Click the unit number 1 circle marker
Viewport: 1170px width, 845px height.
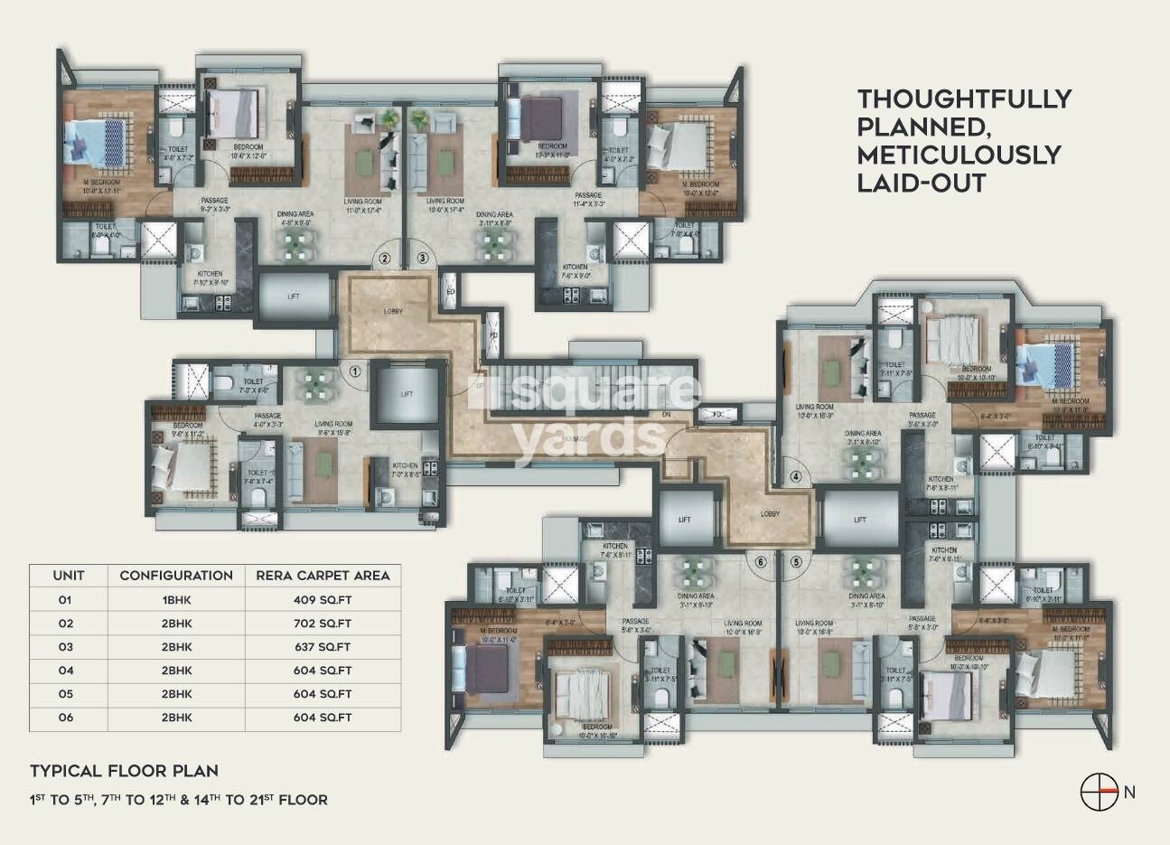click(355, 370)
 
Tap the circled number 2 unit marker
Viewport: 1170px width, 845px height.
click(385, 258)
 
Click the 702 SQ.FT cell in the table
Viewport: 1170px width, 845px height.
click(323, 624)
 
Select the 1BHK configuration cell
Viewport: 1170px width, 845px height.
click(176, 599)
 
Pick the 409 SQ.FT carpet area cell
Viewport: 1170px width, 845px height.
click(323, 599)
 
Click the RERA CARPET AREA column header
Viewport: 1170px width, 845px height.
click(323, 576)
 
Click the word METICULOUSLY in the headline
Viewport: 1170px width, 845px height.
click(959, 155)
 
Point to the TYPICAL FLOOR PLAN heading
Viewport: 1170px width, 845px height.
click(124, 771)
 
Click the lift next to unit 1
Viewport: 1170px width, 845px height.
click(407, 395)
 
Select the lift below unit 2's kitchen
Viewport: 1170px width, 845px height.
click(295, 296)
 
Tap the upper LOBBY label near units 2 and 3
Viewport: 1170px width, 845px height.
click(393, 312)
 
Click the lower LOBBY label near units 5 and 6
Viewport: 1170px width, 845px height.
click(771, 514)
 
